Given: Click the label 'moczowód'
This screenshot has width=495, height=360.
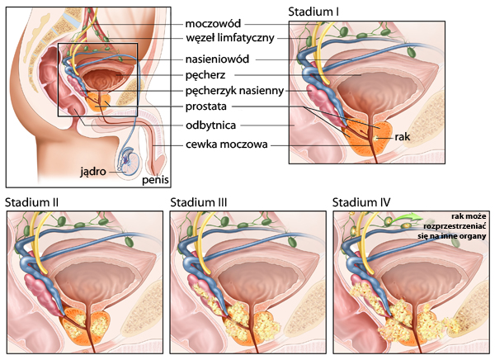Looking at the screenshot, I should (214, 23).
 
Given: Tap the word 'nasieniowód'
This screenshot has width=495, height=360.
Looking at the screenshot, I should (216, 59).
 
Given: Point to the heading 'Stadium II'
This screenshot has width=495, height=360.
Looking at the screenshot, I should (31, 201).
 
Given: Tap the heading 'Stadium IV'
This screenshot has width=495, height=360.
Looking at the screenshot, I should (361, 201).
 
